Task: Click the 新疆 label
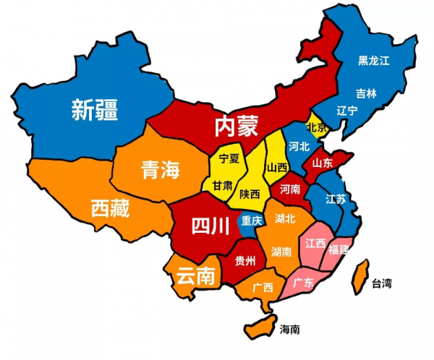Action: coord(95,110)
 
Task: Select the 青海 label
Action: coord(159,171)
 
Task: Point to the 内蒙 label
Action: coord(236,126)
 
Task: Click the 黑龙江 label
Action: coord(374,61)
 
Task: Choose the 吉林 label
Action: coord(366,93)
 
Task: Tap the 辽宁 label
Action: coord(347,111)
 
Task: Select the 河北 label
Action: coord(298,146)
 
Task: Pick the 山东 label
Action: coord(322,163)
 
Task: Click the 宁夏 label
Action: coord(229,158)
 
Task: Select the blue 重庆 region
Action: coord(252,221)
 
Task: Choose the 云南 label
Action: coord(196,275)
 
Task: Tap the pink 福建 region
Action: coord(338,250)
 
